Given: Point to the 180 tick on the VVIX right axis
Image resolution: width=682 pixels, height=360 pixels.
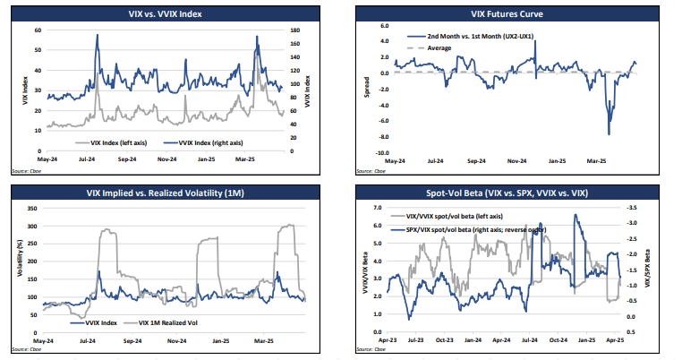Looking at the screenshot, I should pyautogui.click(x=293, y=30).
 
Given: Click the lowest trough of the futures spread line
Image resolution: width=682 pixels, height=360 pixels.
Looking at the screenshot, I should pyautogui.click(x=609, y=134).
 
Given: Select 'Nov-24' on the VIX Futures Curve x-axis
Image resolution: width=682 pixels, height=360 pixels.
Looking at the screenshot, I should pyautogui.click(x=514, y=162).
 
